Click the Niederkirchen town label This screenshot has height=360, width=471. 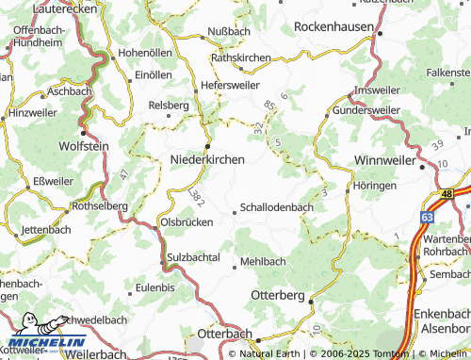207,159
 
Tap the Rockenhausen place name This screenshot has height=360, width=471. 334,27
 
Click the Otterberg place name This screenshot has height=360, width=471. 278,295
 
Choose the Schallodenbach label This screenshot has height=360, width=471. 278,206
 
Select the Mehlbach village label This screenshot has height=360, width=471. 263,260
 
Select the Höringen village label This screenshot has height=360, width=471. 375,186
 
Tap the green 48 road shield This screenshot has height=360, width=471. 447,193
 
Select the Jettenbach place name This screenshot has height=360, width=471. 46,229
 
